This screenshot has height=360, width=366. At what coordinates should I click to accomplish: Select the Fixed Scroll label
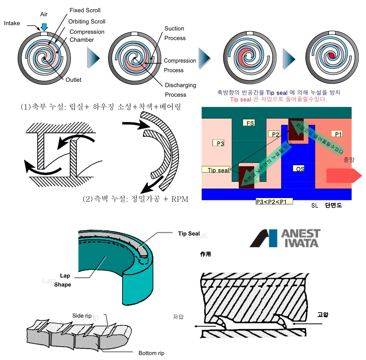85,10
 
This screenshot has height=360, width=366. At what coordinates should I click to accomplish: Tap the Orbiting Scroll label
87,22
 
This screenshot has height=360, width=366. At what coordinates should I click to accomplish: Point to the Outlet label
73,80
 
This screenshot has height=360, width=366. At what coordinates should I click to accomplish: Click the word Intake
12,23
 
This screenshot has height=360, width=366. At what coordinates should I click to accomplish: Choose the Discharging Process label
180,90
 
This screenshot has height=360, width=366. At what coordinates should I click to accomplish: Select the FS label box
250,123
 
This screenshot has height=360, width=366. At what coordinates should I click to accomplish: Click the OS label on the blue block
300,169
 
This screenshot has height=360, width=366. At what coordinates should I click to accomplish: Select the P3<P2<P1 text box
274,201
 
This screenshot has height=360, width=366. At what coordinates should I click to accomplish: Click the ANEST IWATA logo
285,238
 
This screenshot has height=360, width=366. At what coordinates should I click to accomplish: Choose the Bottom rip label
151,353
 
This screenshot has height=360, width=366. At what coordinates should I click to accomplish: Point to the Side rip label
82,316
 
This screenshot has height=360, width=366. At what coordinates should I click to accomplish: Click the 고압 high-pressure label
323,314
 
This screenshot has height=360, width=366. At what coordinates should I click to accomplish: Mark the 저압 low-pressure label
178,317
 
